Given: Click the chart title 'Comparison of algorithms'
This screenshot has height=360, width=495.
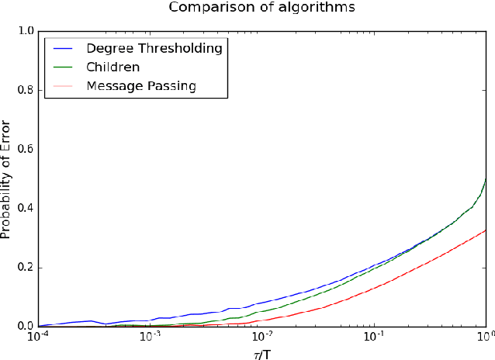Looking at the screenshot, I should (263, 9).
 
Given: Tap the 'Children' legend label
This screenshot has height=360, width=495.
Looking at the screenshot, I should (113, 67).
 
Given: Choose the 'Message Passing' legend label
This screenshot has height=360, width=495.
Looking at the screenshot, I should (141, 85).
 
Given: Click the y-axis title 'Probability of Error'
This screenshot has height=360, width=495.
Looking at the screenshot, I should (7, 178).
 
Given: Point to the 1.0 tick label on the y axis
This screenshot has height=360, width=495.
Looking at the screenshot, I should (25, 31).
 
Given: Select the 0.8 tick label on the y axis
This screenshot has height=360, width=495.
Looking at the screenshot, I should (25, 90).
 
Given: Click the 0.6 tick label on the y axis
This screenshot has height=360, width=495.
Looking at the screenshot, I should (25, 149).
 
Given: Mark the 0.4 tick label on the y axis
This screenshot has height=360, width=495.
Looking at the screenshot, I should (25, 208).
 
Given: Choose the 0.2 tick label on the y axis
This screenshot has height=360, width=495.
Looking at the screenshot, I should (25, 267).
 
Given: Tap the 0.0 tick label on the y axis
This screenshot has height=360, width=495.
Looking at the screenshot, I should (25, 326).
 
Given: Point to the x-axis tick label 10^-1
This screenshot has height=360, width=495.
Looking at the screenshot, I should (374, 337).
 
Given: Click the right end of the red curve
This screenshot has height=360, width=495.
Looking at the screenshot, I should (486, 230).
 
